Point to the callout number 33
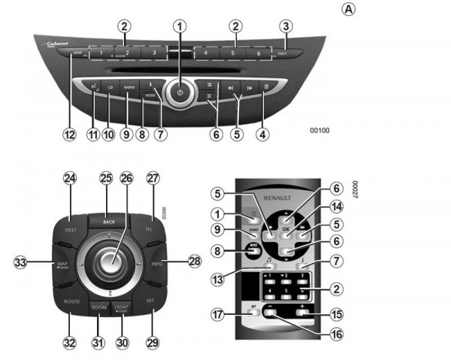point(21,262)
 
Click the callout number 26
point(126,178)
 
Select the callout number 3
point(285,26)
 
